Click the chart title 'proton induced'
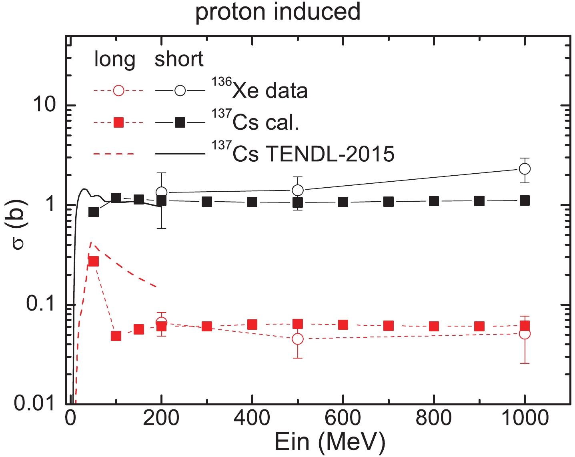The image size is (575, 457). [278, 12]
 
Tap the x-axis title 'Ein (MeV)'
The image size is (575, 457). [330, 442]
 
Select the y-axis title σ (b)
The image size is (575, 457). [18, 224]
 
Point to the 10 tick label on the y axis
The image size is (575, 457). [44, 105]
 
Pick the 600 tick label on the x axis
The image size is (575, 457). [343, 418]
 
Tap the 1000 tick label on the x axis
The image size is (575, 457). [525, 418]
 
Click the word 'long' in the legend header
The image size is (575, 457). [114, 59]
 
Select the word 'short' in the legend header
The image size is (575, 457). [179, 59]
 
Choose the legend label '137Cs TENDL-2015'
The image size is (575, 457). [303, 153]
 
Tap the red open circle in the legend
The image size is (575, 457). [118, 90]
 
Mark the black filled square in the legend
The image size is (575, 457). [180, 122]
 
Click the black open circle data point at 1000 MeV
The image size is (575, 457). [525, 169]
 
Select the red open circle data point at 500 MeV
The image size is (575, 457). [297, 339]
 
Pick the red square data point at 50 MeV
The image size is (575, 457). [93, 261]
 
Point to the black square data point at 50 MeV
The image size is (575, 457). [93, 212]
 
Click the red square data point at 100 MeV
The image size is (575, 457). [116, 336]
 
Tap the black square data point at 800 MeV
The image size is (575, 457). [434, 201]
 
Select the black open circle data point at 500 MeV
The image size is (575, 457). [297, 190]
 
